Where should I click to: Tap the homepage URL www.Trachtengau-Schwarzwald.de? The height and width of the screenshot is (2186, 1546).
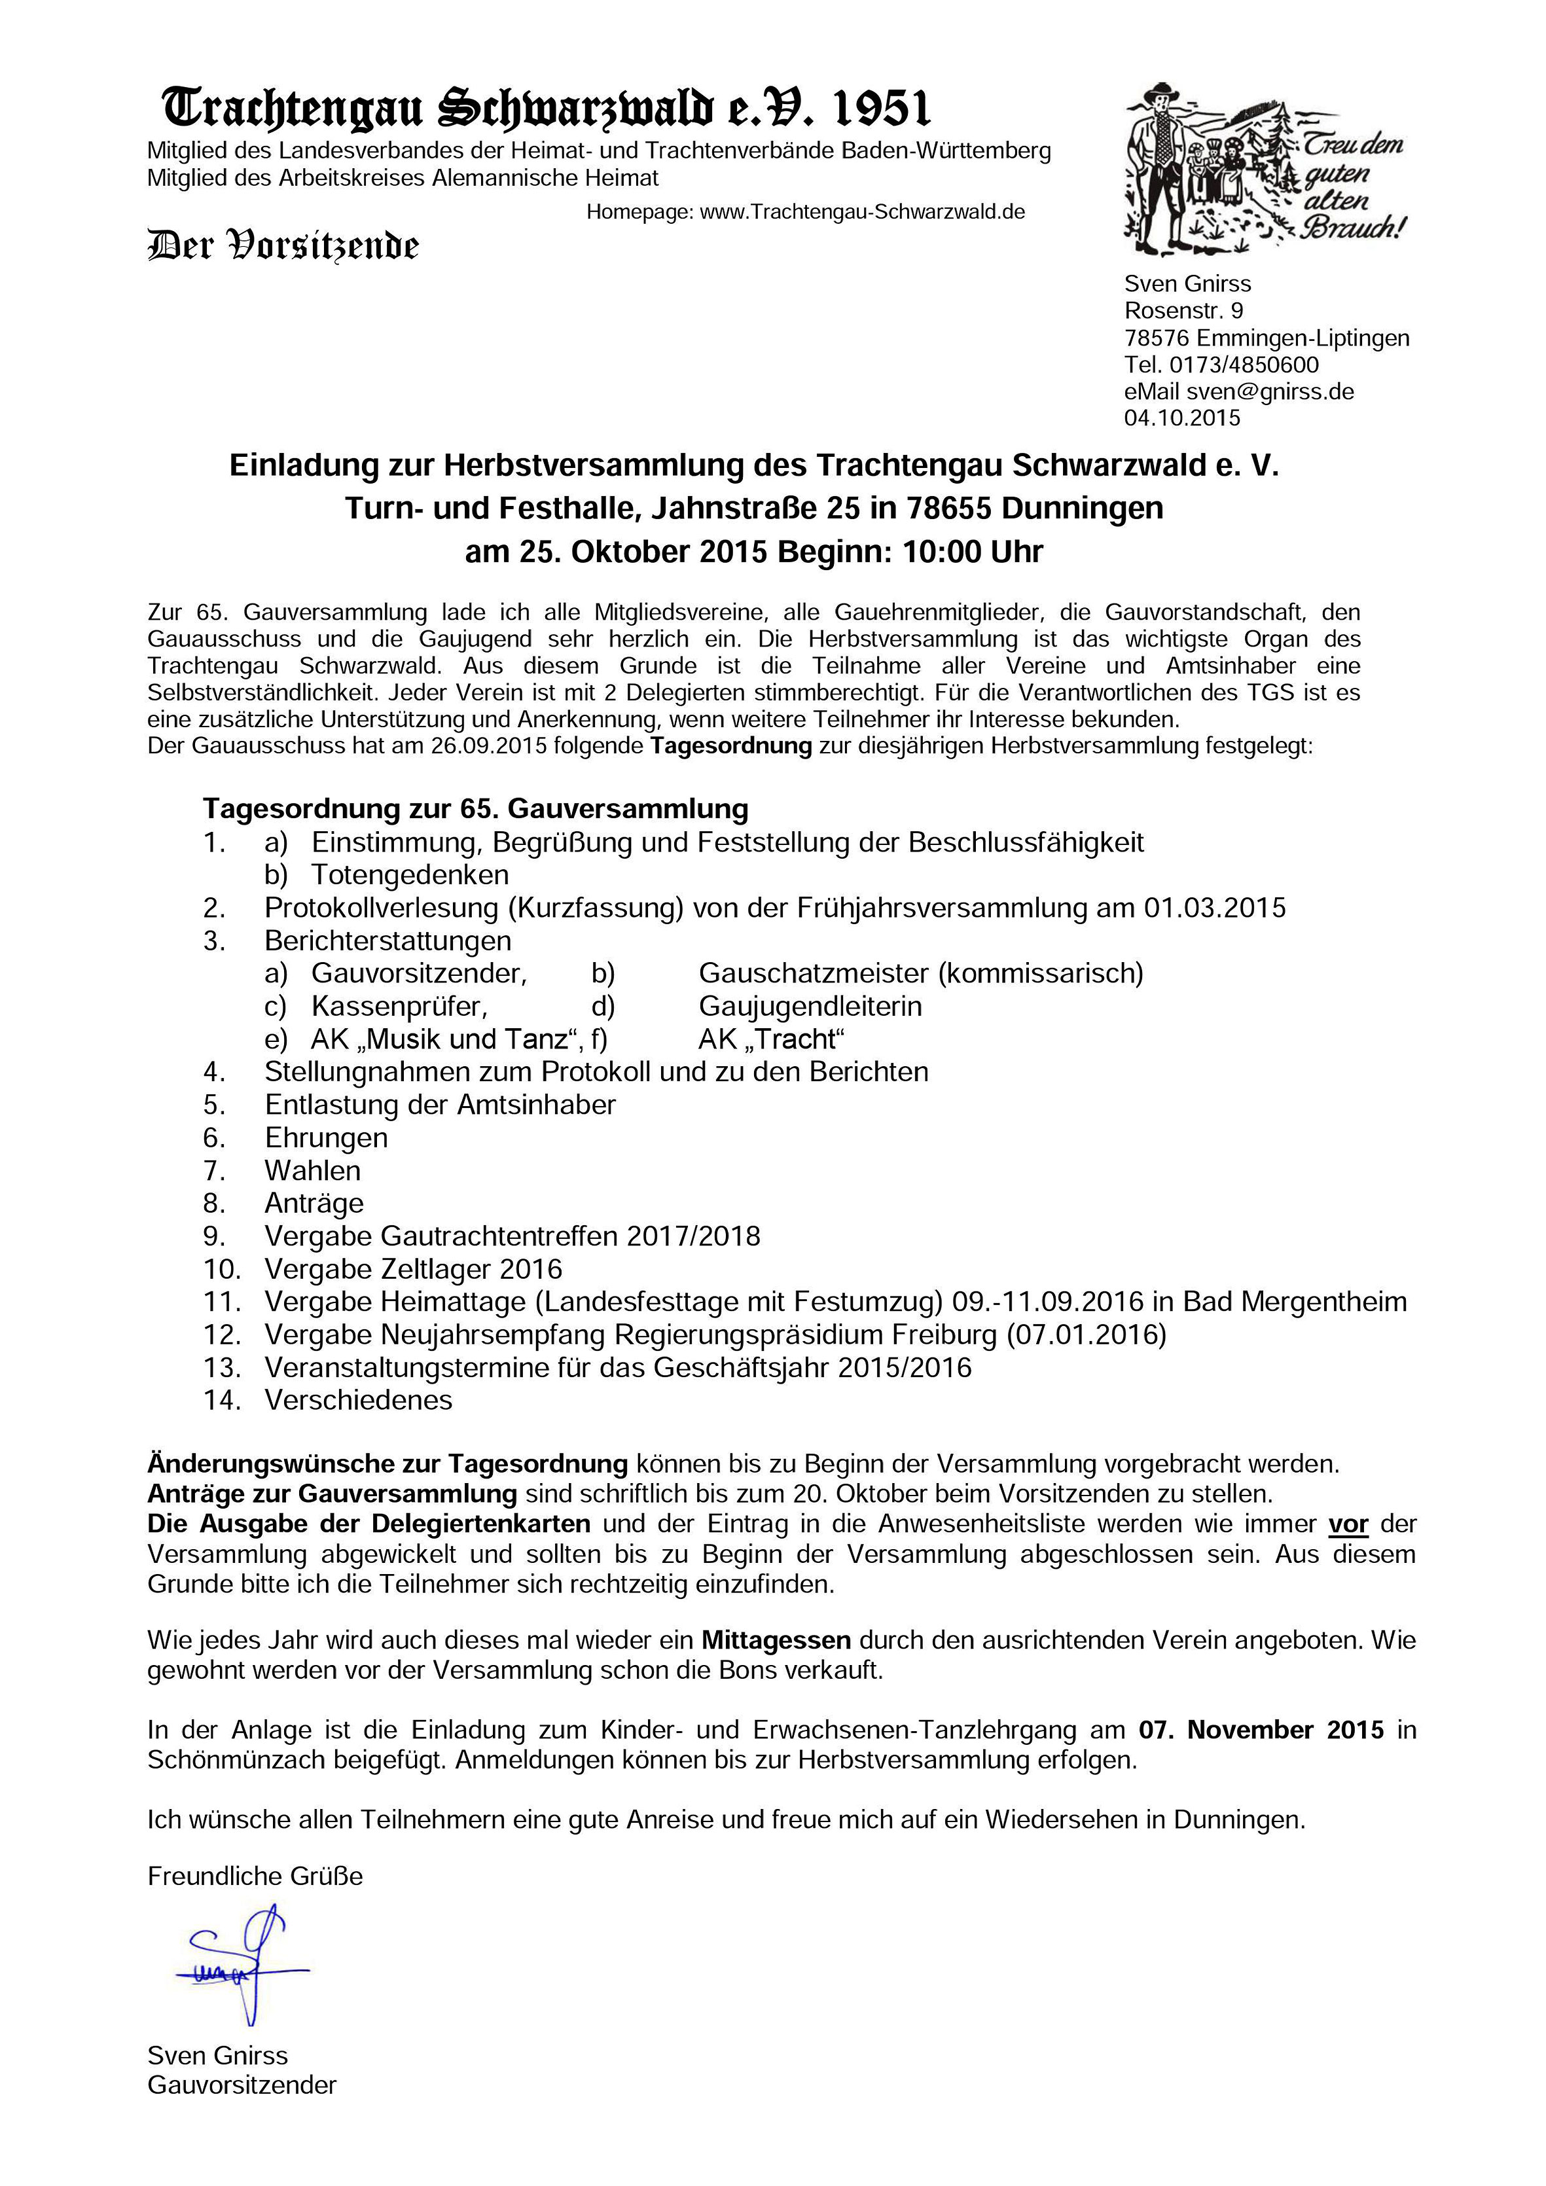861,212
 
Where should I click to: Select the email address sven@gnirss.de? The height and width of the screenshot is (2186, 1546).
1269,391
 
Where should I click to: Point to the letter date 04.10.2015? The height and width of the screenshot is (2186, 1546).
1182,418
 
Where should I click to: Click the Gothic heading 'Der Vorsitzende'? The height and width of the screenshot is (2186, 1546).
283,245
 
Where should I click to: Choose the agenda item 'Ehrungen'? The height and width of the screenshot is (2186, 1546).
325,1138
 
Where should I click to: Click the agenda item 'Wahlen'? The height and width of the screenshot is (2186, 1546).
312,1171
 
